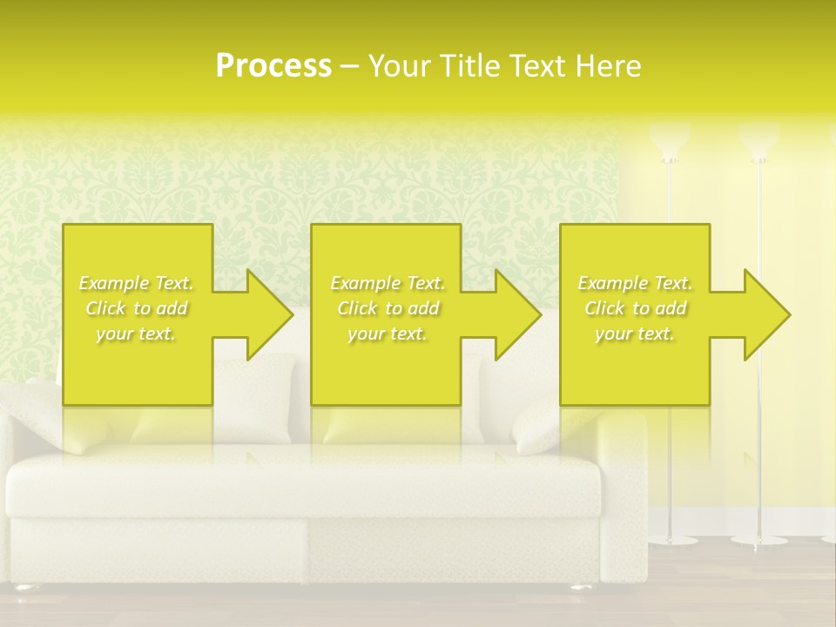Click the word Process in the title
(x=273, y=66)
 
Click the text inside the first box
(x=137, y=308)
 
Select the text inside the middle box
(x=387, y=308)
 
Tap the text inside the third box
(x=635, y=308)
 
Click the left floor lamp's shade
(x=670, y=139)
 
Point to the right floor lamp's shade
(x=759, y=139)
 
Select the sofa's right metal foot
(x=582, y=587)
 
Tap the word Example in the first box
(x=114, y=283)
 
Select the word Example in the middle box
(x=365, y=283)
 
